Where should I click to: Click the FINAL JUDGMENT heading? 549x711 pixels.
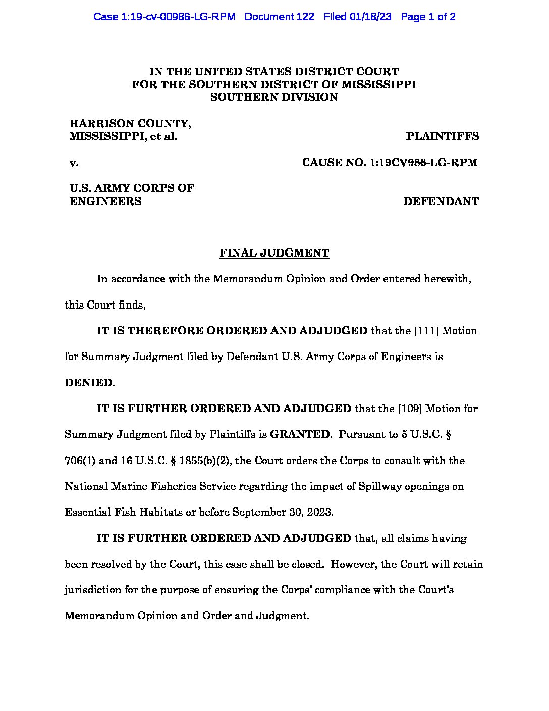tap(274, 253)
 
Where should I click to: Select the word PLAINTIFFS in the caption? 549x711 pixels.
tap(443, 136)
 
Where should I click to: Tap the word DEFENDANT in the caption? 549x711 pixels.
tap(441, 201)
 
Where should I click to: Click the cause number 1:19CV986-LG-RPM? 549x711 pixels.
tap(423, 163)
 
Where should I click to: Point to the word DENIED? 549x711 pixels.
tap(88, 383)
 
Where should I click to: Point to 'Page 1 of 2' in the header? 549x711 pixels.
tap(428, 17)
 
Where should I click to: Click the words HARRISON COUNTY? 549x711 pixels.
tap(130, 124)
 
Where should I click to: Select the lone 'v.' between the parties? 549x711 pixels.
tap(74, 163)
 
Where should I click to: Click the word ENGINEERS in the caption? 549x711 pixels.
tap(105, 201)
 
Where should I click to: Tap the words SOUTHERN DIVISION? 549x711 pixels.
tap(274, 97)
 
